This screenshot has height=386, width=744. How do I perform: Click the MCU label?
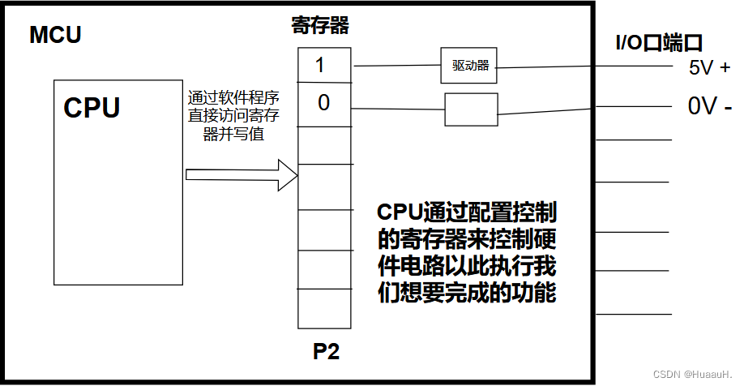(x=55, y=36)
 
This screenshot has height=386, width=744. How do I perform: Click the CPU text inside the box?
(x=92, y=107)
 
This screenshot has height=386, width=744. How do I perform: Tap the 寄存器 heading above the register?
(x=319, y=26)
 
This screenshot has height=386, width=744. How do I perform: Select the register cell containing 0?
(x=324, y=104)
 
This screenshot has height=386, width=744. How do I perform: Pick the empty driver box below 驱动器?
(x=471, y=109)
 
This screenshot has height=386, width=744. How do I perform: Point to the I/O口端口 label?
(x=657, y=43)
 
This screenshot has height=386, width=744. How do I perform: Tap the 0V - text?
(x=709, y=106)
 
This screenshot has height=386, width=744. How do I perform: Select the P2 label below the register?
(x=326, y=353)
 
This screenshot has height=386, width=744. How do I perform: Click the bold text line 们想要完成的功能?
(x=467, y=292)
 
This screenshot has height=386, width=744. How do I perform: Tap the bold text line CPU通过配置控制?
(x=467, y=212)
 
